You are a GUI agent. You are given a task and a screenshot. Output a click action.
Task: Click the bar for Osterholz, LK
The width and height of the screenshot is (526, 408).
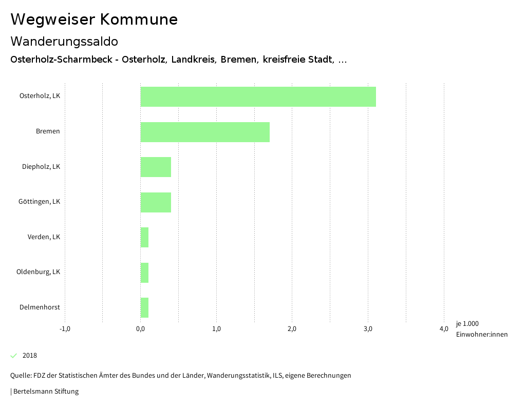pos(258,96)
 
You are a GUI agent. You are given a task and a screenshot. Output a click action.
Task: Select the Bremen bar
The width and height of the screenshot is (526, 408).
pos(205,132)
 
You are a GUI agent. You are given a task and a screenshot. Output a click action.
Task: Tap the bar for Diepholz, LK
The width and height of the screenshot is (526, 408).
pos(156,167)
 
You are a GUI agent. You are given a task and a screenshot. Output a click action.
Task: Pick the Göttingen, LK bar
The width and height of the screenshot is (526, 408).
pos(156,202)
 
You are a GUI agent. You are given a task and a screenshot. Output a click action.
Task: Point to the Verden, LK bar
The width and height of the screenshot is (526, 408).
pos(144,237)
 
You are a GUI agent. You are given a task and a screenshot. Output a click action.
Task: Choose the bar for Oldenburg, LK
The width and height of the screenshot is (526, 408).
pos(144,273)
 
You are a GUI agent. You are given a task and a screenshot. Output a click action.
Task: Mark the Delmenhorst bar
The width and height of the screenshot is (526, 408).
pos(144,307)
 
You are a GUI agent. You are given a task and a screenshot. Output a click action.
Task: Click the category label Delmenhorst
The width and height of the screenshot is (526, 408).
pos(40,307)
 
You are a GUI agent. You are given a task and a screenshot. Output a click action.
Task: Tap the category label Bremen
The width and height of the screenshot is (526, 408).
pos(48,131)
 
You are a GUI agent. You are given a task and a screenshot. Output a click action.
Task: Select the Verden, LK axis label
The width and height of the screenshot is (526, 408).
pos(44,237)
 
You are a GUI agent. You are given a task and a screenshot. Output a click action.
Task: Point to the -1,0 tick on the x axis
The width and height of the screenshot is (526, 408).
pos(65,329)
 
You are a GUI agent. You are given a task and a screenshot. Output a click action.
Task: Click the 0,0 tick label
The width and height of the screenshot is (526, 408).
pos(140,329)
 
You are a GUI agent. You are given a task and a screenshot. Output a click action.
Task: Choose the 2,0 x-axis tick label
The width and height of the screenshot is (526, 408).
pos(292,329)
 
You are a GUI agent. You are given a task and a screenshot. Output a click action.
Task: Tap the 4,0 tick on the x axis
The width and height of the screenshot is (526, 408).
pos(444,329)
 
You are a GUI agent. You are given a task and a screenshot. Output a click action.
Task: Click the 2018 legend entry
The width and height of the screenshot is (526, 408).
pos(30,356)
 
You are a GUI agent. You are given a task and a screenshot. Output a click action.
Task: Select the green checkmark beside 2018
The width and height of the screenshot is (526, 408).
pos(14,356)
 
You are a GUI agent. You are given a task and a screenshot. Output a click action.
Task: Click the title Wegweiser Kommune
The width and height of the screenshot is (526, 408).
pos(94,20)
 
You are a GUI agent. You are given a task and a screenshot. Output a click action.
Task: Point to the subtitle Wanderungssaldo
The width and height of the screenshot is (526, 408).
pos(64,41)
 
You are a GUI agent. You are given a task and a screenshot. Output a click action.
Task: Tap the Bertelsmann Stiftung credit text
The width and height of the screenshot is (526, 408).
pos(45,392)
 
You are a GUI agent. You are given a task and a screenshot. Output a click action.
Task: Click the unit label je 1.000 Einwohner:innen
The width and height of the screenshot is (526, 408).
pos(481,329)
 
